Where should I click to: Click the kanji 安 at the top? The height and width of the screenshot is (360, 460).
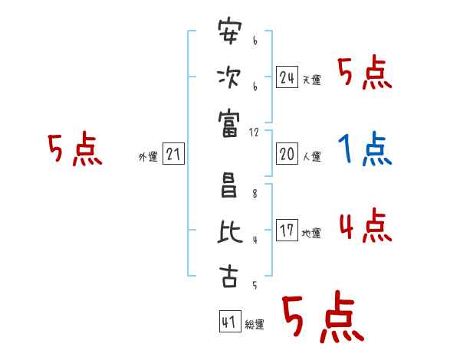pyautogui.click(x=229, y=33)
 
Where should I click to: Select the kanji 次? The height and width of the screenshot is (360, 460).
pyautogui.click(x=229, y=77)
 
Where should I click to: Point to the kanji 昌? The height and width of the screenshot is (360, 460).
pyautogui.click(x=229, y=186)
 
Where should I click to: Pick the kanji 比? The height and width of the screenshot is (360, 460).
pyautogui.click(x=229, y=231)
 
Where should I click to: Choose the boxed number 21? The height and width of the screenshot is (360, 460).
pyautogui.click(x=173, y=155)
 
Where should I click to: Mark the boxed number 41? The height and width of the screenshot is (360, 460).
pyautogui.click(x=228, y=322)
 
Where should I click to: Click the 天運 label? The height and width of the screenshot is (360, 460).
pyautogui.click(x=311, y=80)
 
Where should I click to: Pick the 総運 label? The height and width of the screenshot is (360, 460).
pyautogui.click(x=255, y=325)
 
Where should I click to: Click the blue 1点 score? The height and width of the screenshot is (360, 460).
pyautogui.click(x=365, y=150)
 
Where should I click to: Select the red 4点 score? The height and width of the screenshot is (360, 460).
pyautogui.click(x=365, y=227)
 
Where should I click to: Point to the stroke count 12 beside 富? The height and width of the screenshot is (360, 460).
pyautogui.click(x=255, y=132)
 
